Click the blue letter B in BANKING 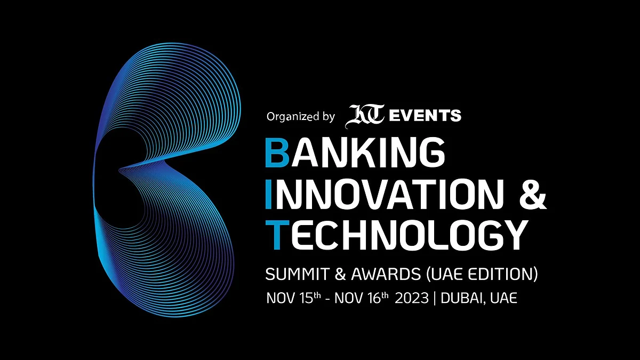pos(277,153)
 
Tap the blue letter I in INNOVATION pos(269,194)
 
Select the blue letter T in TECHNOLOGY pos(277,235)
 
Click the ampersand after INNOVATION pos(533,194)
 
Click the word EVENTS pos(426,115)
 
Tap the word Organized pos(293,117)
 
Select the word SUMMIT pos(297,274)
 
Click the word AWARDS pos(386,274)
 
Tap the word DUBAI pos(463,298)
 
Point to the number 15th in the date pos(310,298)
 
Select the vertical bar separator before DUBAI pos(435,298)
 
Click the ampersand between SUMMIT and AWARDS pos(340,274)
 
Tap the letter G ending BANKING pos(433,153)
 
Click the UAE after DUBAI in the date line pos(503,298)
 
